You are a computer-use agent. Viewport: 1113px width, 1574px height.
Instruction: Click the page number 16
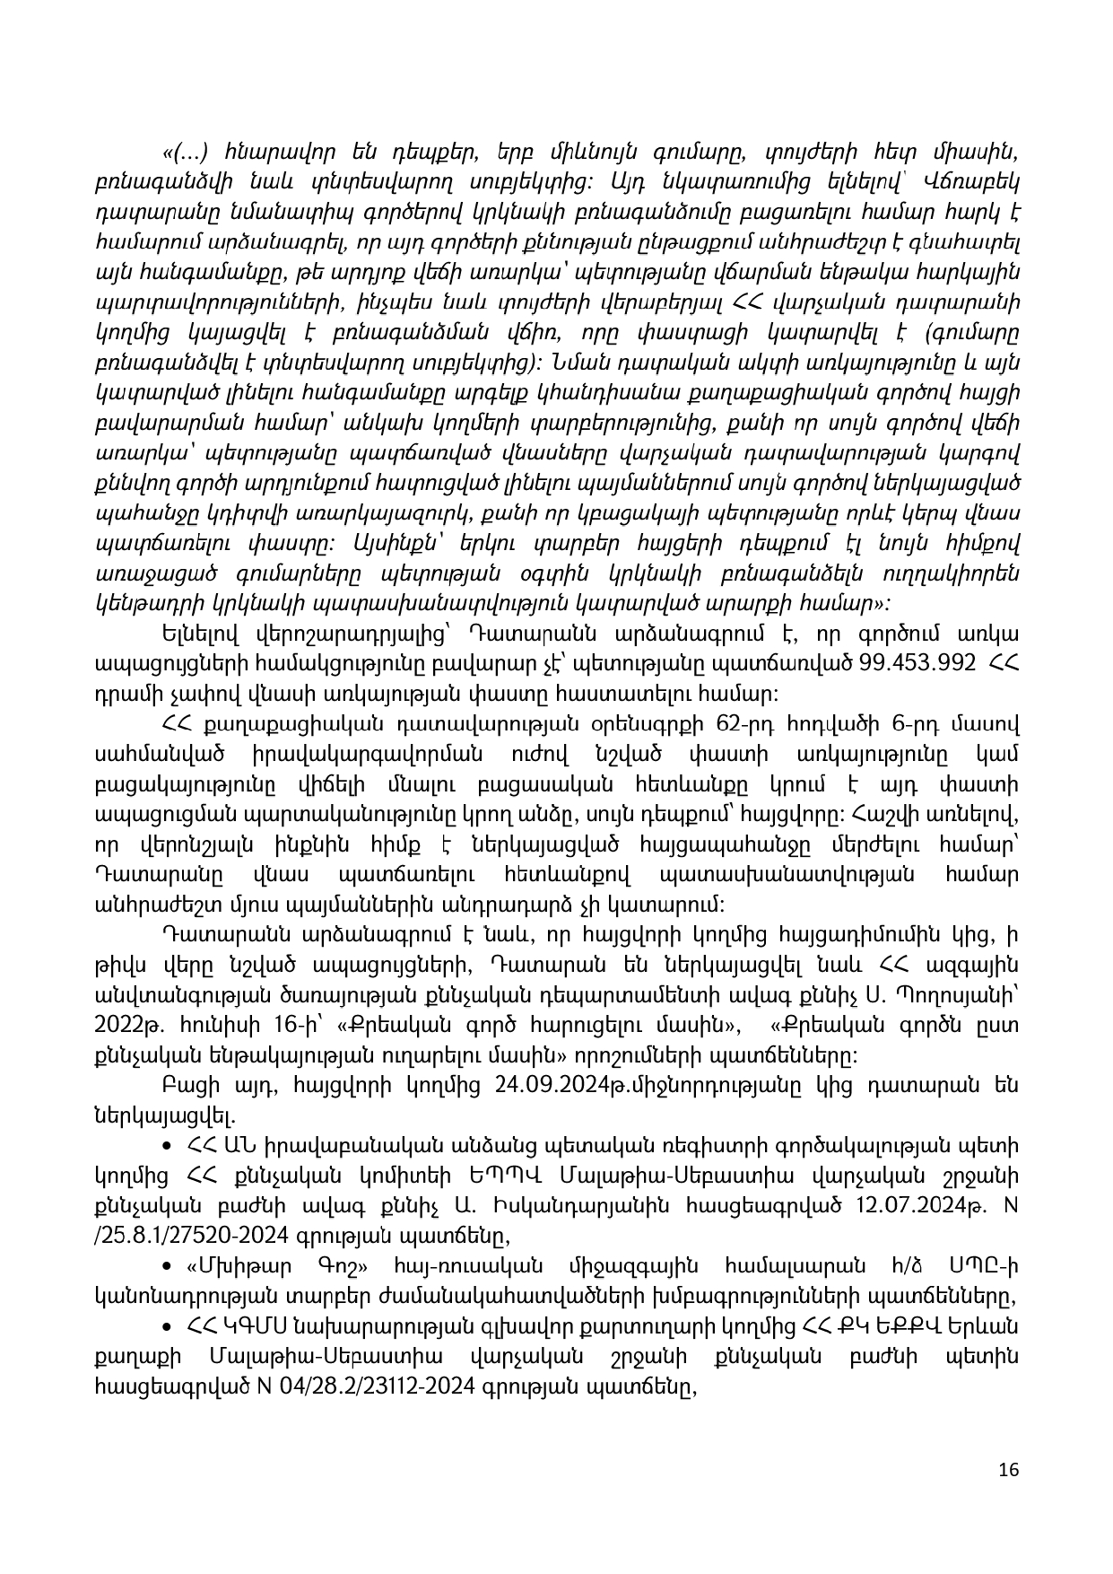pos(1008,1470)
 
